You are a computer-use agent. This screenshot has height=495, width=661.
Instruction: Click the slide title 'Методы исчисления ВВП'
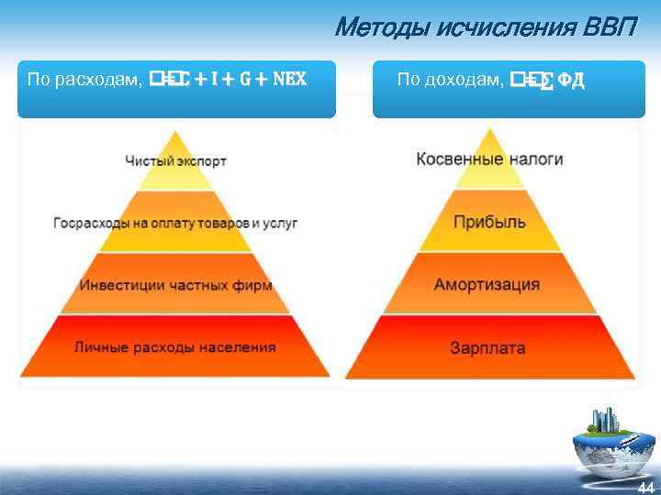point(485,27)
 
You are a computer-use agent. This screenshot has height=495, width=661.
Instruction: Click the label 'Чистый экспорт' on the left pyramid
point(175,160)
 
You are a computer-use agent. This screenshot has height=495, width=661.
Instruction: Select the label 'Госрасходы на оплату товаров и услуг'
point(175,223)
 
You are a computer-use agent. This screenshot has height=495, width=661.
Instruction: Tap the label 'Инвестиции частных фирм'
point(175,285)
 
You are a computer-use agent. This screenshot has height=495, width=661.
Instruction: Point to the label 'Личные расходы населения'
point(175,347)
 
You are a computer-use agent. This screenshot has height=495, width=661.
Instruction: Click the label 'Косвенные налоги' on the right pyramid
point(489,159)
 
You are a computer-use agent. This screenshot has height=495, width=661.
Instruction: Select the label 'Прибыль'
point(489,222)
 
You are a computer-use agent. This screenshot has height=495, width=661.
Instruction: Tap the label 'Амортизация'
point(489,284)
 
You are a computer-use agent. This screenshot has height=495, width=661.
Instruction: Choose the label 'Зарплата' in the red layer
point(489,347)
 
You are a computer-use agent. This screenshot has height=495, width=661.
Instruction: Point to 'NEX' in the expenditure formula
point(286,80)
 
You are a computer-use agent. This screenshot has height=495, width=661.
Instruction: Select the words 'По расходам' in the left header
point(83,80)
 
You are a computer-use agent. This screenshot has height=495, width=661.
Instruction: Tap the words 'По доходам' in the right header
point(450,80)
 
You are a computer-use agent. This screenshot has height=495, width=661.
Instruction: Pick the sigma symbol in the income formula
point(542,81)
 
